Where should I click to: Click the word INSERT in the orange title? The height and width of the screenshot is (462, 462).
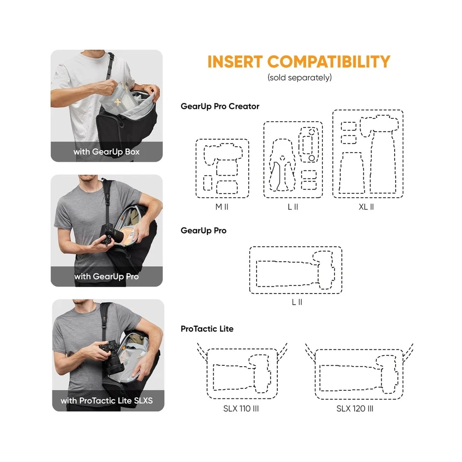tap(235, 62)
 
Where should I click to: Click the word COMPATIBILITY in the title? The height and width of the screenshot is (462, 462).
tap(329, 62)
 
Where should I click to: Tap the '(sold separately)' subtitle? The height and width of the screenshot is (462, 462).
tap(299, 77)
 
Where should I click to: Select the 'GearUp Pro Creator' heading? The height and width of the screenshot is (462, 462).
tap(220, 106)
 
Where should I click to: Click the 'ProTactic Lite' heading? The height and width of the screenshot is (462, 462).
tap(207, 329)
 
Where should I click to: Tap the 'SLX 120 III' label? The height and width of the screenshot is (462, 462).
tap(355, 409)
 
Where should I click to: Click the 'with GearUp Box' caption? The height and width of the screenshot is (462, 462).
tap(107, 152)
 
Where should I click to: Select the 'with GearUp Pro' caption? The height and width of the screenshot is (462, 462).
tap(106, 277)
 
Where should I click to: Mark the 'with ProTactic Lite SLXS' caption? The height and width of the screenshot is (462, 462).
tap(107, 400)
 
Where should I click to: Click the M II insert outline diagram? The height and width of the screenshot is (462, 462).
tap(222, 168)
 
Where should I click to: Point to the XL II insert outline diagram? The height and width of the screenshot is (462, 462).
tap(368, 154)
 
